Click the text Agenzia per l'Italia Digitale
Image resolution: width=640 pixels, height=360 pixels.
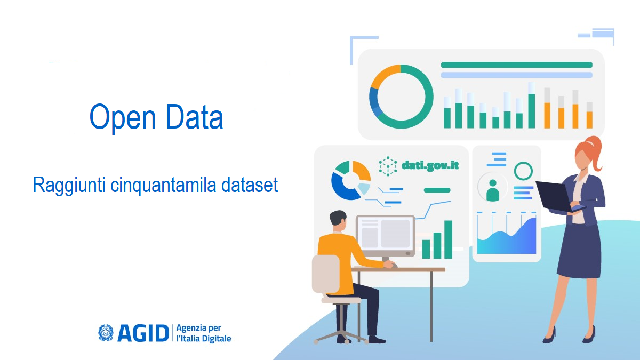pyautogui.click(x=203, y=333)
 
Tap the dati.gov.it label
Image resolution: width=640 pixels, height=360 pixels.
pyautogui.click(x=430, y=165)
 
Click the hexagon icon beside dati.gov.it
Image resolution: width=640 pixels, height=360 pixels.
pyautogui.click(x=388, y=166)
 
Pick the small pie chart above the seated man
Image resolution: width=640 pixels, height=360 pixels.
pyautogui.click(x=350, y=180)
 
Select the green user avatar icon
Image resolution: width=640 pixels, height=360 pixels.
pyautogui.click(x=492, y=189)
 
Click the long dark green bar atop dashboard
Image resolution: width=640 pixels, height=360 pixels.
pyautogui.click(x=516, y=65)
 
